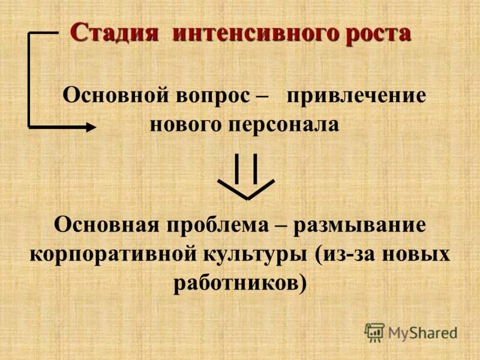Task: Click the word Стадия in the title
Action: tap(114, 33)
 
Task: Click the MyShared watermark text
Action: tap(422, 332)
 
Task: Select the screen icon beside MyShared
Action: tap(374, 331)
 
